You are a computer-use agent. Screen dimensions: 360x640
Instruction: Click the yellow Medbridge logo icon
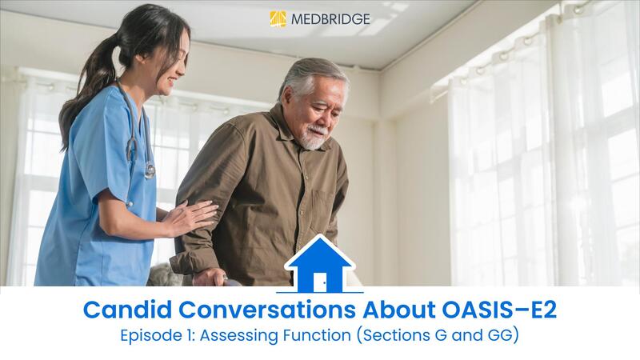click(x=278, y=18)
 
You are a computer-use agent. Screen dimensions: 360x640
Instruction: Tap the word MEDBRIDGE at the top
click(x=330, y=18)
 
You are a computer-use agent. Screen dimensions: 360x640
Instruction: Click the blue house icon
click(x=319, y=265)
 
